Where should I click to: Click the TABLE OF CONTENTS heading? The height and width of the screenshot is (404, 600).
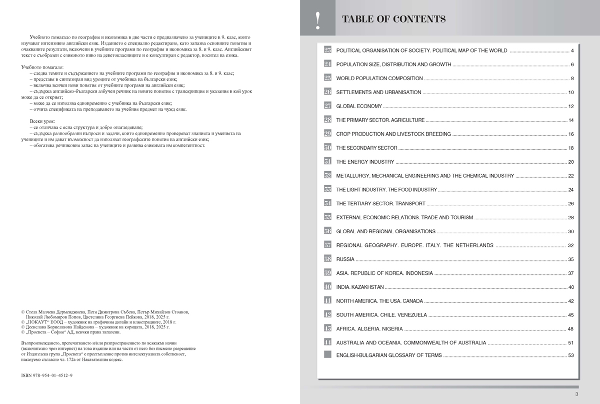[393, 20]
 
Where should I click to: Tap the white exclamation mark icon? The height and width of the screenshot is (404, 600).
[318, 21]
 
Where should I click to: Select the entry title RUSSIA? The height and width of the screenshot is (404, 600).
[345, 259]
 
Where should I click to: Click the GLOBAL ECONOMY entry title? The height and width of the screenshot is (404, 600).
[359, 106]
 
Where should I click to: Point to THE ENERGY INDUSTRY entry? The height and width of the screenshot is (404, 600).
[365, 162]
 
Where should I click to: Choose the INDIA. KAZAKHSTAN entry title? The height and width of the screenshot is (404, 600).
[360, 287]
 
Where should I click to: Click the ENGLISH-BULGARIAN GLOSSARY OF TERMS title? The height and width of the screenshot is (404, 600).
[389, 355]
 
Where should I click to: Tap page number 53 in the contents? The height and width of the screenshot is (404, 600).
[571, 355]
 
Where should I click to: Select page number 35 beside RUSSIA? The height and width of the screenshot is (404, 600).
[571, 259]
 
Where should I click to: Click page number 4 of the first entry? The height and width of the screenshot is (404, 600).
[572, 51]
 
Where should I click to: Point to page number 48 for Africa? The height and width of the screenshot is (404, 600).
[571, 329]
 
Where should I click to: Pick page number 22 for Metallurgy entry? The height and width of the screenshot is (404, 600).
[571, 176]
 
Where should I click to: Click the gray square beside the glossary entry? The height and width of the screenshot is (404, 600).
[327, 355]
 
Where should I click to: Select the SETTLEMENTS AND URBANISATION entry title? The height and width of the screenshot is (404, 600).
[378, 93]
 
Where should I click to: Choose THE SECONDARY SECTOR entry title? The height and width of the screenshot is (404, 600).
[366, 148]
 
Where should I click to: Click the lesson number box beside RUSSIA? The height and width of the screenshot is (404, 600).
[327, 259]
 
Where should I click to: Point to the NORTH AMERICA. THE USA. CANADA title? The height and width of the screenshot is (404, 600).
[379, 301]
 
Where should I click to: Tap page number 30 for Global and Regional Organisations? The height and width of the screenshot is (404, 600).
[571, 231]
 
